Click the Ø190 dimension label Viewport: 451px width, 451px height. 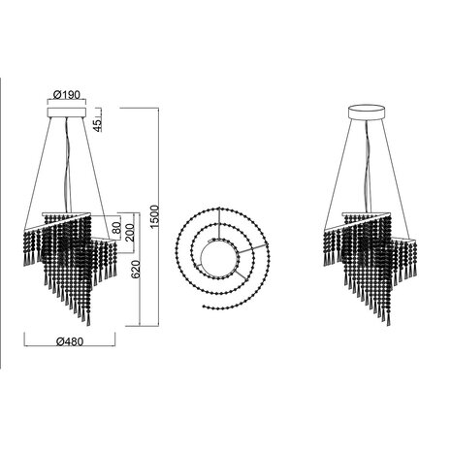pyautogui.click(x=66, y=95)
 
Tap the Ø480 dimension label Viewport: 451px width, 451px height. pyautogui.click(x=67, y=342)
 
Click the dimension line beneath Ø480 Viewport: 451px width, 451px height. pyautogui.click(x=67, y=352)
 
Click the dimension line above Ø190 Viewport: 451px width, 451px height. pyautogui.click(x=66, y=105)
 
